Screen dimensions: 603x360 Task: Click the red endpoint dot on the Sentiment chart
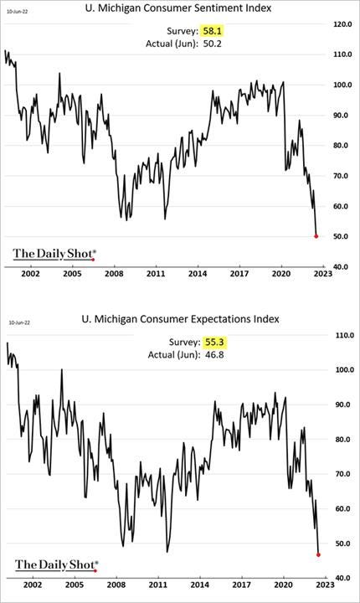click(316, 236)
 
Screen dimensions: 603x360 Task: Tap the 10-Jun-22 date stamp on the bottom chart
click(20, 322)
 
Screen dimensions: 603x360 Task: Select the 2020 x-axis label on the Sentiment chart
click(281, 274)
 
